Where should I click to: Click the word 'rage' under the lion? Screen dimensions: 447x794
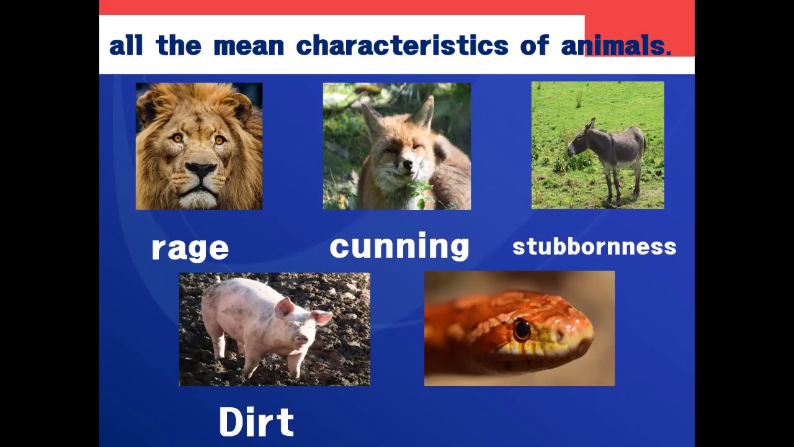(x=190, y=248)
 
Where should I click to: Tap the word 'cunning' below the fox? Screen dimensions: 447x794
(x=399, y=246)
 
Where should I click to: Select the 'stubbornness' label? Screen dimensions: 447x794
(x=594, y=246)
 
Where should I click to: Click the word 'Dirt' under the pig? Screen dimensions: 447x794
(x=256, y=422)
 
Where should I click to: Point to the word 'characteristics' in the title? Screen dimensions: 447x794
(x=402, y=45)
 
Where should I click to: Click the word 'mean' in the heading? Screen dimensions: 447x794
(x=248, y=45)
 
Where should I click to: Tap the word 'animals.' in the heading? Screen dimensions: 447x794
(x=616, y=45)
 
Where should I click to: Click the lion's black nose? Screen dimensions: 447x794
(x=200, y=169)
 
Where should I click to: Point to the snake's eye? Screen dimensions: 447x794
(x=522, y=329)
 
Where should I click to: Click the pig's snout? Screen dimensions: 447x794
(x=301, y=340)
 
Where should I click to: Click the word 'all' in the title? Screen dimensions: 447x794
(x=126, y=45)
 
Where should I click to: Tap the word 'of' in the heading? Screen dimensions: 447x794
(x=534, y=45)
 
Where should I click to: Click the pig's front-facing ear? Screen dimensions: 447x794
(x=284, y=307)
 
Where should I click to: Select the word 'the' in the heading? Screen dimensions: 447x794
(x=179, y=45)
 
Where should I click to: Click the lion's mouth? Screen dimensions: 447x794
(x=199, y=187)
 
